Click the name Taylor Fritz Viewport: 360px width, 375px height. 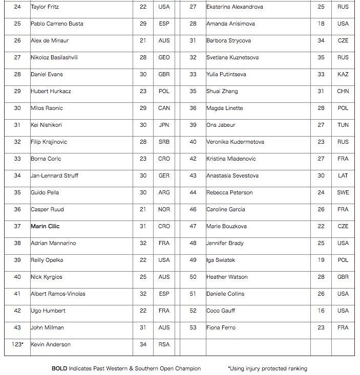tap(45, 7)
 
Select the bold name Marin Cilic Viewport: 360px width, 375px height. tap(46, 226)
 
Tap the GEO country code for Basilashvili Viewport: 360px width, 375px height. tap(164, 57)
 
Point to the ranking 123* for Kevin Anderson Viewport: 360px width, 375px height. tap(17, 344)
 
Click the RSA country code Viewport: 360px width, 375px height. tap(164, 344)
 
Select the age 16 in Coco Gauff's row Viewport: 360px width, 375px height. tap(321, 311)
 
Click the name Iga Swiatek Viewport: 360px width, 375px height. tap(221, 260)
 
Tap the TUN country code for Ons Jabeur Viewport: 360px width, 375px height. tap(343, 125)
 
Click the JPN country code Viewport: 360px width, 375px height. tap(164, 125)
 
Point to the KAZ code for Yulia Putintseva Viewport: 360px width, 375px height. tap(343, 74)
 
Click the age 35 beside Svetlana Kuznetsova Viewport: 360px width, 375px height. tap(321, 57)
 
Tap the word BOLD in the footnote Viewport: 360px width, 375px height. tap(59, 368)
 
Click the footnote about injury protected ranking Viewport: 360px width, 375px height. tap(267, 368)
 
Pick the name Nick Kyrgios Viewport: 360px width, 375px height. tap(47, 277)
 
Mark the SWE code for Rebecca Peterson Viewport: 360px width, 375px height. tap(343, 192)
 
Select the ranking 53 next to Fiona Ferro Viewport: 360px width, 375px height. tap(193, 327)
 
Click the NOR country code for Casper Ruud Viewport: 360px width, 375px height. tap(164, 209)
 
